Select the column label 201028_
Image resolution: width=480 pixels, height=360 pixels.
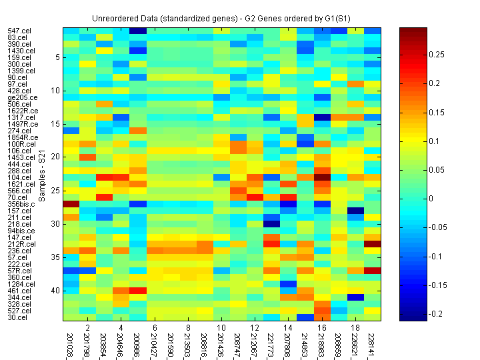[71, 343]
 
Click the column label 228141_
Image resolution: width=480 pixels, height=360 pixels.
[373, 343]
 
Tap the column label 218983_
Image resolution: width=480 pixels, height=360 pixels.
[322, 343]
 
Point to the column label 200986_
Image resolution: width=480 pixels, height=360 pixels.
[138, 343]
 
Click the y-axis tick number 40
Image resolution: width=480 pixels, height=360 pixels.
[56, 291]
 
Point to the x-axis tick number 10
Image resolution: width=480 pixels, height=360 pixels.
[222, 327]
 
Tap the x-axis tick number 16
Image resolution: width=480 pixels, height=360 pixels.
[323, 327]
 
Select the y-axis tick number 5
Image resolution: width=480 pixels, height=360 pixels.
[58, 57]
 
